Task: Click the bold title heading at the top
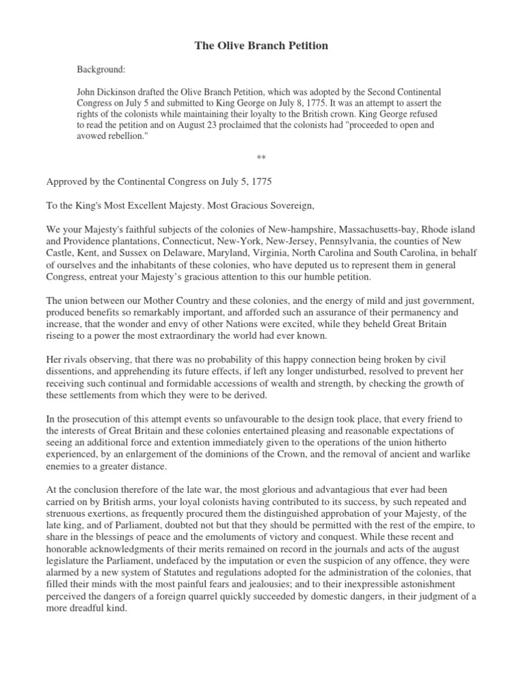click(x=261, y=46)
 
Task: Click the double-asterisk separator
click(x=261, y=159)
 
